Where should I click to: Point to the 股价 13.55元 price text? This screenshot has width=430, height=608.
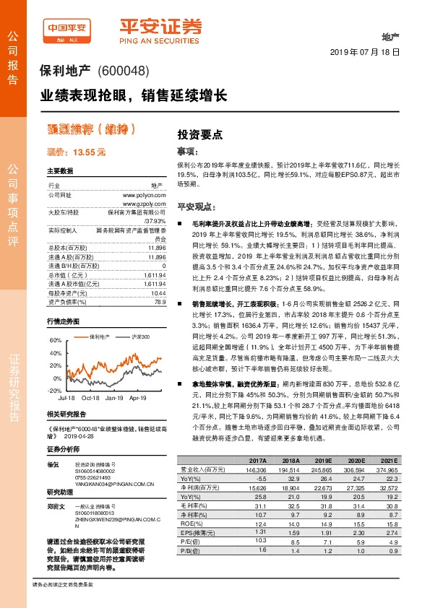click(76, 152)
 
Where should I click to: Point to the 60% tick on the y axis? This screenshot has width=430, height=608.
click(55, 320)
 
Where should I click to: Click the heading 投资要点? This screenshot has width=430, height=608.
click(199, 134)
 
